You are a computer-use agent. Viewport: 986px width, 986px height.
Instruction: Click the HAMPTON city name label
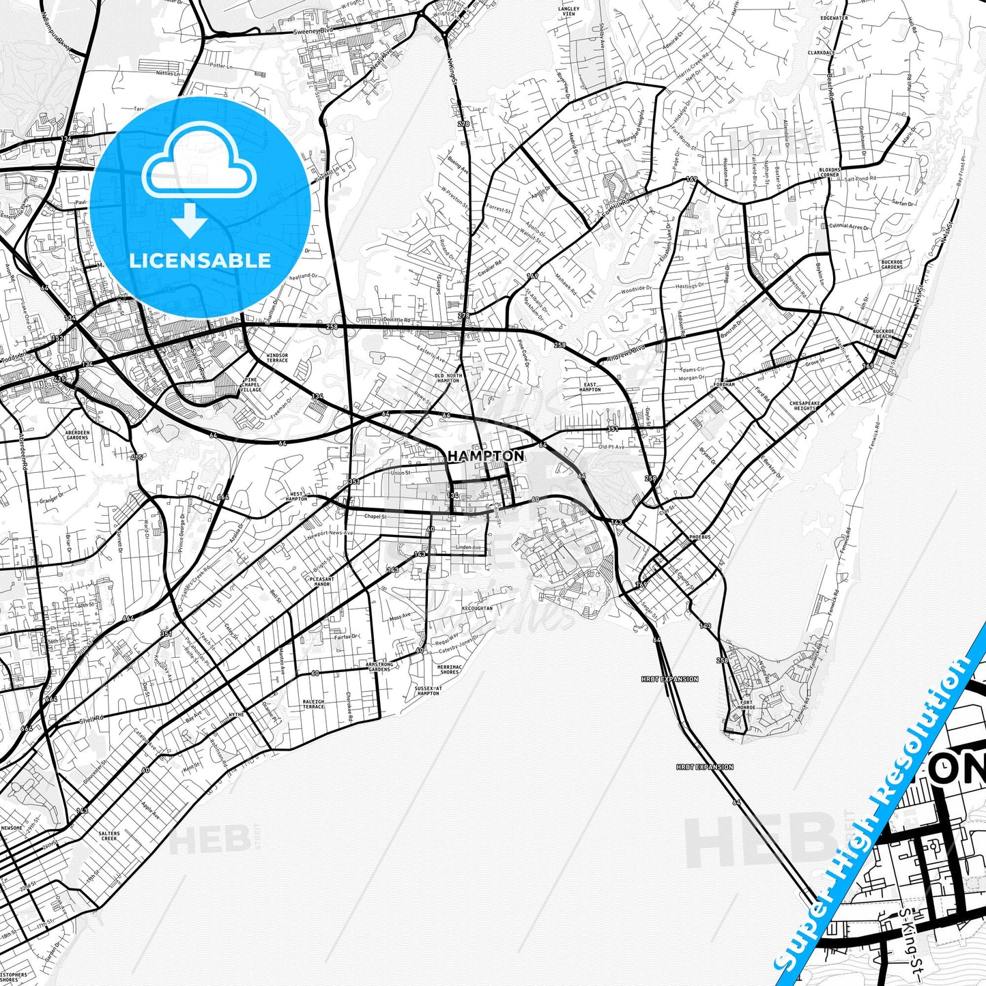pos(486,455)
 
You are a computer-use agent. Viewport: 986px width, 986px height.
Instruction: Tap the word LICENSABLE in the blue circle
pos(200,260)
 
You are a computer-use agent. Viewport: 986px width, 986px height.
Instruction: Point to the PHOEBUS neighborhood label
pos(699,537)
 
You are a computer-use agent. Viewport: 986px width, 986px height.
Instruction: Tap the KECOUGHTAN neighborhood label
pos(477,608)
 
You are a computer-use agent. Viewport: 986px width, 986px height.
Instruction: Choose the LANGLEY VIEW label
pos(568,12)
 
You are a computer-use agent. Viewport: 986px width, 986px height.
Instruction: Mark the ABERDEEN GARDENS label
pos(78,435)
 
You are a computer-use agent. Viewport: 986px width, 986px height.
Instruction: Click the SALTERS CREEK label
pos(109,836)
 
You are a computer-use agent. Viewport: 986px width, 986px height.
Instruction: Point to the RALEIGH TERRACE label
pos(314,704)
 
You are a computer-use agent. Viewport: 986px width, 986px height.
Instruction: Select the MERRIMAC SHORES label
pos(450,669)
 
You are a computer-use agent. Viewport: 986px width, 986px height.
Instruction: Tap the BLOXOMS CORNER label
pos(830,172)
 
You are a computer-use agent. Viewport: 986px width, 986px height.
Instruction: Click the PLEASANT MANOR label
pos(321,581)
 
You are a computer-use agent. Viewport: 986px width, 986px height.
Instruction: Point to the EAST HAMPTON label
pos(590,387)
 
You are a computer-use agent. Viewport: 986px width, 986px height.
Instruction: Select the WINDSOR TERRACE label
pos(277,358)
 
